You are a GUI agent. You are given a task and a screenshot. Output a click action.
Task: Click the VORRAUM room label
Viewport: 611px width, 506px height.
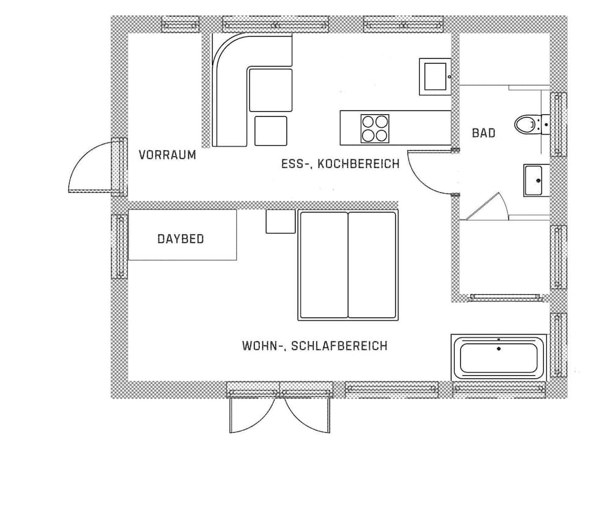tap(167, 155)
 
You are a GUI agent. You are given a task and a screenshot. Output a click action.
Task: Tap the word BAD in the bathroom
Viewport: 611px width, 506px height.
tap(483, 132)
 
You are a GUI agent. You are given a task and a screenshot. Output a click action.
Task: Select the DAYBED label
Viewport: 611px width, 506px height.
tap(181, 239)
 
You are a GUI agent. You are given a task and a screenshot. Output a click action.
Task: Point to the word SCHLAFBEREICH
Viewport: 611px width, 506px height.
tap(339, 346)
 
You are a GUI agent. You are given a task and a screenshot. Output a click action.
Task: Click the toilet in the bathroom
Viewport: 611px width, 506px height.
tap(526, 125)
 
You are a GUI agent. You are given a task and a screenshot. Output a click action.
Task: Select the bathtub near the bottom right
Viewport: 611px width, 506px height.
tap(499, 357)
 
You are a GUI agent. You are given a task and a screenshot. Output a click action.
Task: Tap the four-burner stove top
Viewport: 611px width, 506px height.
tap(375, 128)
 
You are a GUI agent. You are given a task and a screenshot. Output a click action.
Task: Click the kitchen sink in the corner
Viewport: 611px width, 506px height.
tap(434, 76)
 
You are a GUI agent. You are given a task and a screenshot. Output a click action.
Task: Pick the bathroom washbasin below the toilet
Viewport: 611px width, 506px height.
tap(535, 180)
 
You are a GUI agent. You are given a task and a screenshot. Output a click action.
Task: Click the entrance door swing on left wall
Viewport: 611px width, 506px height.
tap(92, 168)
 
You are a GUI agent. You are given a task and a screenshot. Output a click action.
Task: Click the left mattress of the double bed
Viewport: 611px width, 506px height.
tap(323, 265)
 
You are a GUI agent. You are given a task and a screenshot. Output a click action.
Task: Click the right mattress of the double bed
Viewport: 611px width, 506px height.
tap(372, 265)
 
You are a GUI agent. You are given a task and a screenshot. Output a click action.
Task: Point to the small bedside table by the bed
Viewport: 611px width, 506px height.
tap(280, 221)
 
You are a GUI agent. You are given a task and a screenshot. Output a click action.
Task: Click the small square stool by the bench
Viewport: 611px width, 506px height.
tap(271, 131)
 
